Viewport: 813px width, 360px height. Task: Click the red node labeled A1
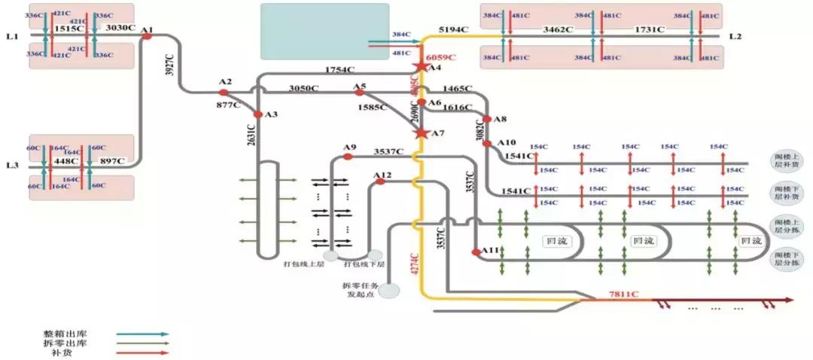pos(148,35)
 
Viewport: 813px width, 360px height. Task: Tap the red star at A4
pos(422,67)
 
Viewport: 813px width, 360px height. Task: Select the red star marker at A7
pos(422,133)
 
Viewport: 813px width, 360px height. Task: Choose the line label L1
pos(11,35)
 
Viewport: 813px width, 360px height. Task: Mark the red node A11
pos(476,252)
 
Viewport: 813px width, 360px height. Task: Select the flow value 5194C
pos(454,29)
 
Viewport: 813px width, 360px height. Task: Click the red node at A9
pos(348,157)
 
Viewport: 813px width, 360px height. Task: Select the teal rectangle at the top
pos(325,31)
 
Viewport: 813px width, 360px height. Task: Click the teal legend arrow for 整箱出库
pos(142,333)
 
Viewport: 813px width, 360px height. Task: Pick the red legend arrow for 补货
pos(142,352)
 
